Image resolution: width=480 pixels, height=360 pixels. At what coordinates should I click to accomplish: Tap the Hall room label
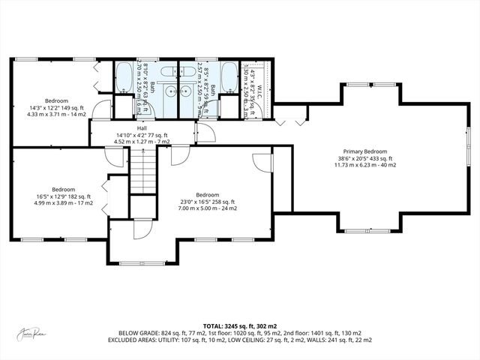click(x=141, y=128)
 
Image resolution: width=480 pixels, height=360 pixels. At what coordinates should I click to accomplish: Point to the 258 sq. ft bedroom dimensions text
click(x=207, y=205)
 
